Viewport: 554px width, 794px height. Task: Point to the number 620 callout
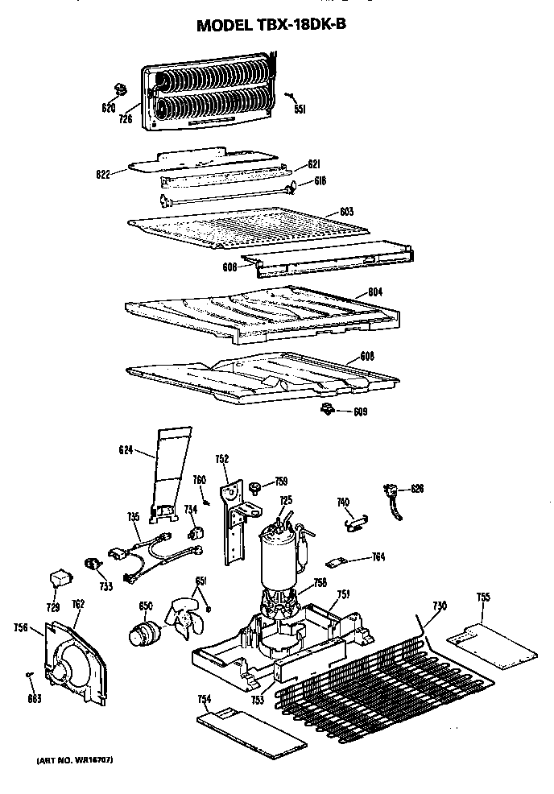pyautogui.click(x=108, y=107)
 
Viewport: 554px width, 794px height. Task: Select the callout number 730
pyautogui.click(x=440, y=605)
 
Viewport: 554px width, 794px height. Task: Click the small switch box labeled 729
pyautogui.click(x=60, y=577)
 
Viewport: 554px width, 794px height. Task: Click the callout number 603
pyautogui.click(x=346, y=211)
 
